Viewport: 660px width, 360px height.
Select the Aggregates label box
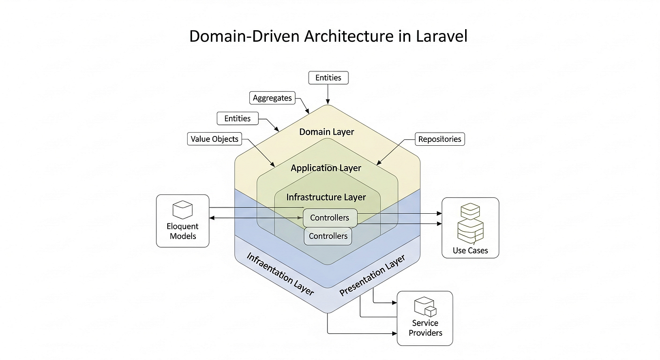272,98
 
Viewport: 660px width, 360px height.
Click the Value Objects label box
214,139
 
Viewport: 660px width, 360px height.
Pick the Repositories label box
439,139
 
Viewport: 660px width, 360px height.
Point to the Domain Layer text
327,132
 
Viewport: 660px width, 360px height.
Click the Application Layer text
326,168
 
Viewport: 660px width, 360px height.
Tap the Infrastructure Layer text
326,197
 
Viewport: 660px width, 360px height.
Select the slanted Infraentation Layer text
280,274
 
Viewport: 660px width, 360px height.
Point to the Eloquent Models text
182,231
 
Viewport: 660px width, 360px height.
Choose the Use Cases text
470,251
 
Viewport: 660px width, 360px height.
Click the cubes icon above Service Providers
424,307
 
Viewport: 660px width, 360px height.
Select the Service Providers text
425,328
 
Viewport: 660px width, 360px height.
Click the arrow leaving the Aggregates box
302,105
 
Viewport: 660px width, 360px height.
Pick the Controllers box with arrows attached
330,218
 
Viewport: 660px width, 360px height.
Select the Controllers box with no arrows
328,236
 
